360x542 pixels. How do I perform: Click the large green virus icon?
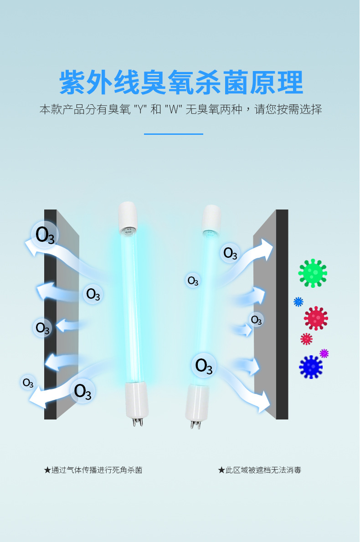tap(313, 273)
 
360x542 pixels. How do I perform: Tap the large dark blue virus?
tap(311, 367)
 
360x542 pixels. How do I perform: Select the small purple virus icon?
tap(324, 353)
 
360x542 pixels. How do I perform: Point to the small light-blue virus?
tap(298, 302)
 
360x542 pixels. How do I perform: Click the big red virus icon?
tap(316, 318)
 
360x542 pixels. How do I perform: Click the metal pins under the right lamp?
tap(195, 425)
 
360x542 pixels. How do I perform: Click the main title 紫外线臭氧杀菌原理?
tap(181, 82)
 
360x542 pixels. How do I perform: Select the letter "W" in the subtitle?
tap(173, 110)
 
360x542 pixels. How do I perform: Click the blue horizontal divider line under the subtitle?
tap(173, 134)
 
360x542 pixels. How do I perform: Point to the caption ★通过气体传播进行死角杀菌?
tap(93, 470)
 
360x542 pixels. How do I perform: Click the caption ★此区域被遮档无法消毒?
tap(259, 470)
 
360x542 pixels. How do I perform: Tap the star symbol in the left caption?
tap(47, 470)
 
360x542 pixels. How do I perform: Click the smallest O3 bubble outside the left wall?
tap(28, 383)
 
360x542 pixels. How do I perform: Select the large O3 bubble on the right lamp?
tap(204, 365)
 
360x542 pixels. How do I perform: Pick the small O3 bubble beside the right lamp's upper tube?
tap(193, 281)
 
